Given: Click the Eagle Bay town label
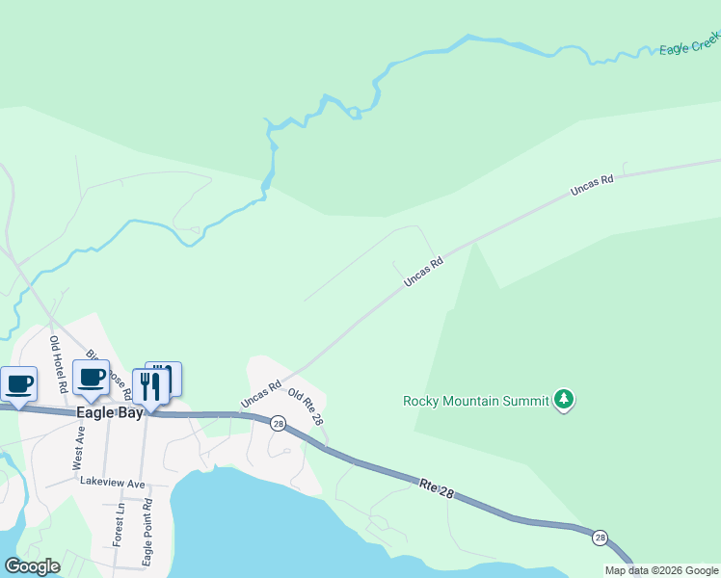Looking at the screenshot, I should click(109, 412).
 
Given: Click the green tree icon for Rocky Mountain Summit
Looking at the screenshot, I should click(564, 400).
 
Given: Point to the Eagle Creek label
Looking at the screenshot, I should click(689, 43).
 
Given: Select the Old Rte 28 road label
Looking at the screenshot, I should click(306, 407).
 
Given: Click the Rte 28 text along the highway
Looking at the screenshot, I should click(436, 487).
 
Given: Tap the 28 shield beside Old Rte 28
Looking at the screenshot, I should click(278, 423).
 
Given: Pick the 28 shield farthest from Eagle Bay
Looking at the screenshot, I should click(601, 537).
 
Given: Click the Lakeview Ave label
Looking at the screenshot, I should click(112, 482).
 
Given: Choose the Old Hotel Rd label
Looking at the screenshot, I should click(59, 364).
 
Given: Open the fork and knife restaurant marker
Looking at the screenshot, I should click(150, 385).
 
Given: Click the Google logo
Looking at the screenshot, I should click(33, 566).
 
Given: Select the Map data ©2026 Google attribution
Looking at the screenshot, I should click(662, 570).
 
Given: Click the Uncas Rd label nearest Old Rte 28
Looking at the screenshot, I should click(260, 393).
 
